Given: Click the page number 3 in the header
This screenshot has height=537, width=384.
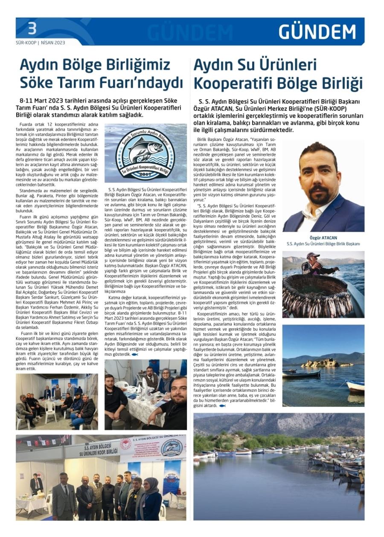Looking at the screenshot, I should [x=32, y=29].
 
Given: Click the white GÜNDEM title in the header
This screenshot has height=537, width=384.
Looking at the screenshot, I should [x=317, y=32].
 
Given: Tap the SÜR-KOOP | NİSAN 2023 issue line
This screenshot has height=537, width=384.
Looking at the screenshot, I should [x=41, y=43].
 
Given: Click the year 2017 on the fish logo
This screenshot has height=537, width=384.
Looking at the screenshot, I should [x=145, y=174].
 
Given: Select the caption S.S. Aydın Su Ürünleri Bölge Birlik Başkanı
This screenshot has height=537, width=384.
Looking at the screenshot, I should [x=323, y=244].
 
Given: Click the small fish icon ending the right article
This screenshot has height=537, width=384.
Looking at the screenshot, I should [x=222, y=406].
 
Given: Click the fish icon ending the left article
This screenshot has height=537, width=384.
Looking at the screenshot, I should [x=135, y=354].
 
